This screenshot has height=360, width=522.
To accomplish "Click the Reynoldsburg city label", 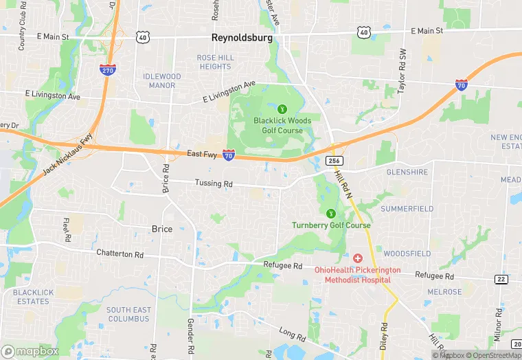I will pyautogui.click(x=241, y=38).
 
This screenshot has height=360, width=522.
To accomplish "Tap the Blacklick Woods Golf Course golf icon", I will pyautogui.click(x=282, y=109).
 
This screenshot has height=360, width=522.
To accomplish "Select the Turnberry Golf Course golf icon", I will pyautogui.click(x=331, y=213).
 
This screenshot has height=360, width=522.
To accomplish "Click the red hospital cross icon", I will pyautogui.click(x=358, y=258).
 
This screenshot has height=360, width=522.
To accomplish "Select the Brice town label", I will pyautogui.click(x=162, y=229).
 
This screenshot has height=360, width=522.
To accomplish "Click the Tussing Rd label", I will pyautogui.click(x=214, y=184).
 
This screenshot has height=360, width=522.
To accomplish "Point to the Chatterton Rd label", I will pyautogui.click(x=120, y=254).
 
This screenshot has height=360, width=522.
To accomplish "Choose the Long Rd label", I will pyautogui.click(x=293, y=335).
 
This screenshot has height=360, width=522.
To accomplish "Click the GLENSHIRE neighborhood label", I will pyautogui.click(x=407, y=172).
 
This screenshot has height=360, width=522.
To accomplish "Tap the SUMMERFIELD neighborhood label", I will pyautogui.click(x=407, y=208).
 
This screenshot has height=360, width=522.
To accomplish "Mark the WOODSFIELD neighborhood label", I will pyautogui.click(x=407, y=254).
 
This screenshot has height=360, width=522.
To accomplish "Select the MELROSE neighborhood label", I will pyautogui.click(x=444, y=292).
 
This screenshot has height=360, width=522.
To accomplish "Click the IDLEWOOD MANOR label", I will pyautogui.click(x=162, y=80).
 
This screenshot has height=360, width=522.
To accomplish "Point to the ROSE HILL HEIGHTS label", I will pyautogui.click(x=214, y=62).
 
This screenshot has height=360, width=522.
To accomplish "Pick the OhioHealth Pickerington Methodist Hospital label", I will pyautogui.click(x=358, y=275).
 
